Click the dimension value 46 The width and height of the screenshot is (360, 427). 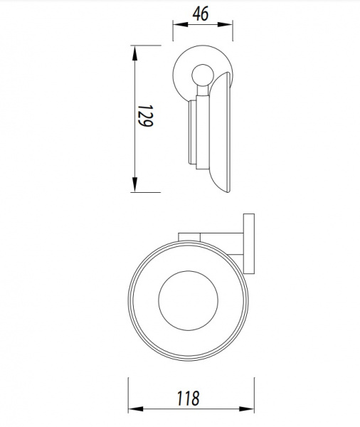pyautogui.click(x=201, y=14)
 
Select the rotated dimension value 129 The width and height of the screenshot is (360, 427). pyautogui.click(x=145, y=116)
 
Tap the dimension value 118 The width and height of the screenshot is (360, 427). pyautogui.click(x=188, y=399)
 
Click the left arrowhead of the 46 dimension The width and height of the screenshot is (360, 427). pyautogui.click(x=180, y=24)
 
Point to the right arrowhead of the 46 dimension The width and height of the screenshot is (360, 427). pyautogui.click(x=226, y=24)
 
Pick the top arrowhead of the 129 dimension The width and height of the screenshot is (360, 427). pyautogui.click(x=134, y=53)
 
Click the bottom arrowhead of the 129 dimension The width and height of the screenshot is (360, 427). pyautogui.click(x=134, y=184)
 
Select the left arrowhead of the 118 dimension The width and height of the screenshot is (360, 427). pyautogui.click(x=136, y=409)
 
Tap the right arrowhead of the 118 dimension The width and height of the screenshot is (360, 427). pyautogui.click(x=246, y=409)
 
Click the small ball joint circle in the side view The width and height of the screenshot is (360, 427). pyautogui.click(x=203, y=75)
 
